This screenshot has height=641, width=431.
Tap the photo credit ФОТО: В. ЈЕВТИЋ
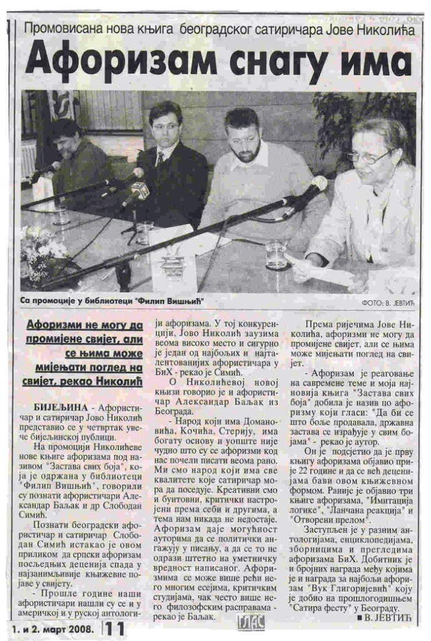[x=388, y=303]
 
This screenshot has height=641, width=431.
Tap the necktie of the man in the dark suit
[x=161, y=157]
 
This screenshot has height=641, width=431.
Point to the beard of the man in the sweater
[x=245, y=151]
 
